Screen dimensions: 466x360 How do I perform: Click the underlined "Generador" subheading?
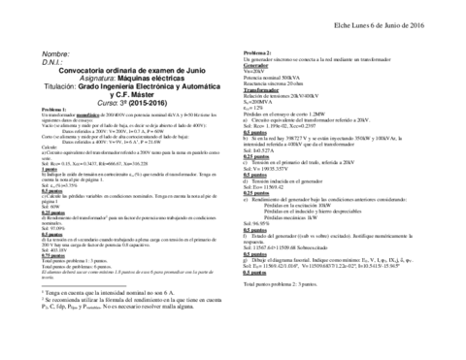[255, 64]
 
